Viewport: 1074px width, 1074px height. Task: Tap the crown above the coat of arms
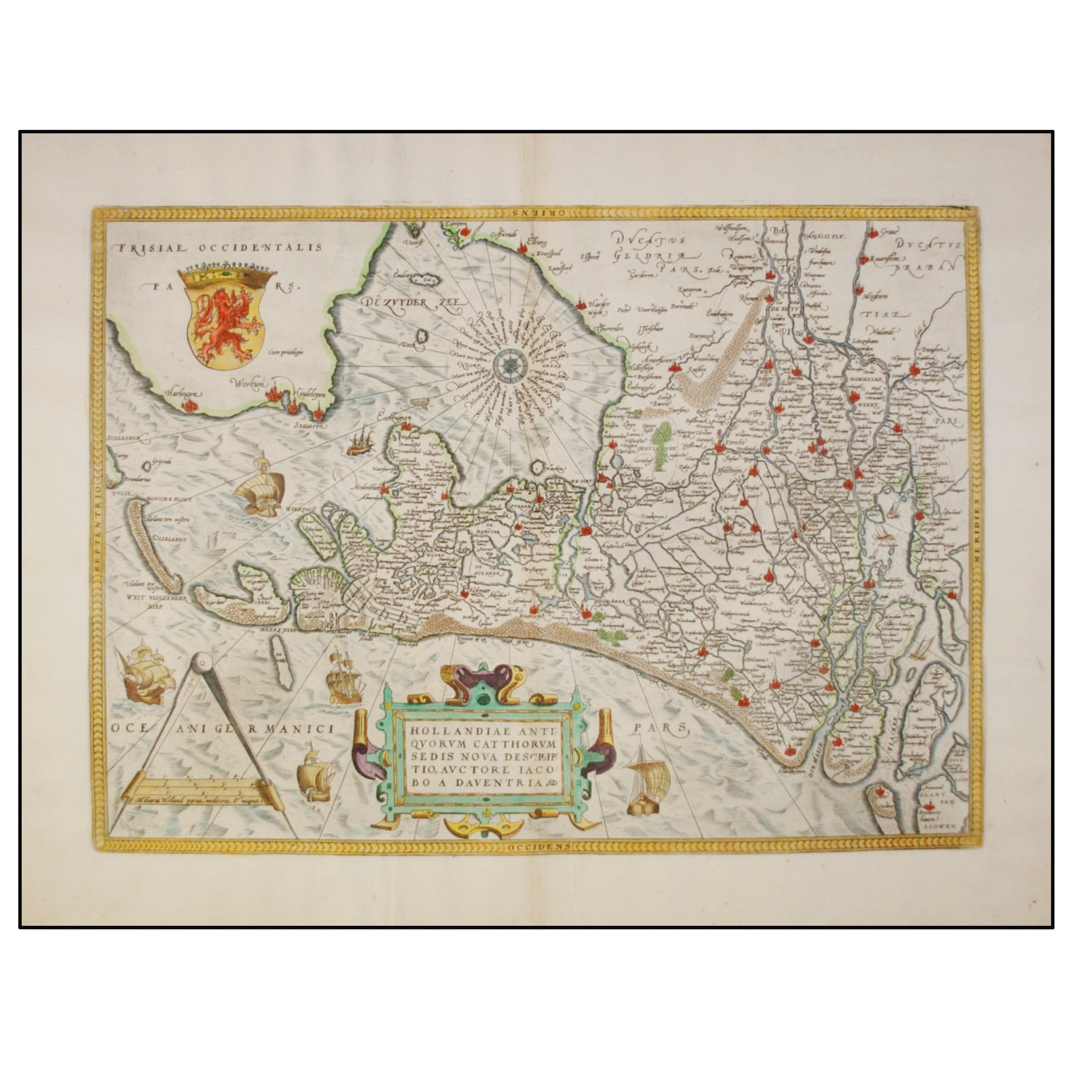pyautogui.click(x=227, y=274)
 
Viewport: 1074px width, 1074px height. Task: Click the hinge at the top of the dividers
pyautogui.click(x=202, y=662)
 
